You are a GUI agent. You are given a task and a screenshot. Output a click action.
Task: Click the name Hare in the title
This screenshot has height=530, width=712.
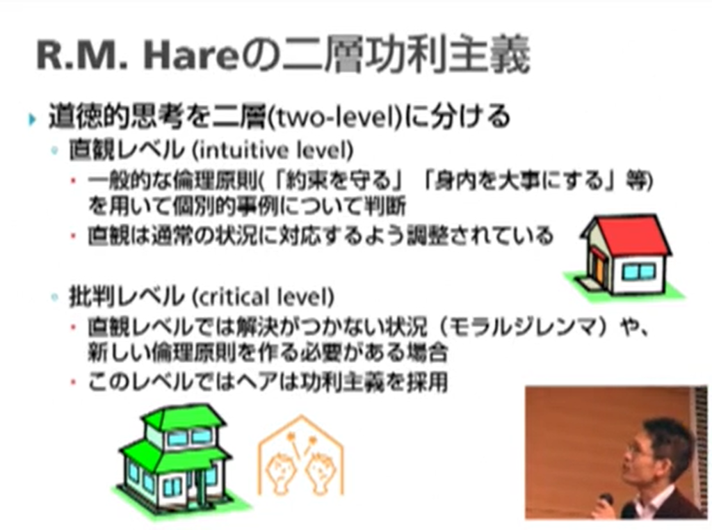(x=191, y=56)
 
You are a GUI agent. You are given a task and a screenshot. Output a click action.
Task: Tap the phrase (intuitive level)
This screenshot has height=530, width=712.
(x=273, y=150)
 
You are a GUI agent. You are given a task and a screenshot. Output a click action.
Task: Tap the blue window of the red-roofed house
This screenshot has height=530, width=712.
(x=638, y=271)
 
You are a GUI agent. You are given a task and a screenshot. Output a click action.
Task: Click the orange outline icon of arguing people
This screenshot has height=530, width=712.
(x=300, y=456)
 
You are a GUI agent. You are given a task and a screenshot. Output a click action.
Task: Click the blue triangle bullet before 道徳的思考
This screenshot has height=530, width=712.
(x=31, y=120)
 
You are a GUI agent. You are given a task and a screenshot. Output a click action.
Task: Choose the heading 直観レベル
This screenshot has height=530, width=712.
(x=127, y=150)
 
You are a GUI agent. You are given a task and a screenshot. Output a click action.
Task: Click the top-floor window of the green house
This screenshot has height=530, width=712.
(x=189, y=437)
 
